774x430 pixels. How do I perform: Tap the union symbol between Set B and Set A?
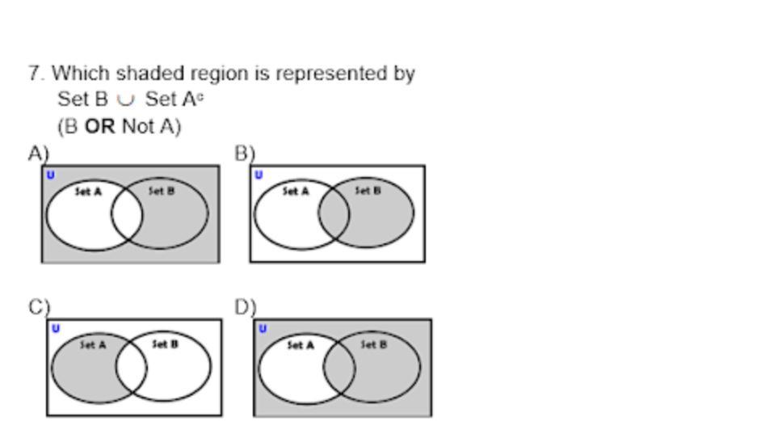(x=126, y=101)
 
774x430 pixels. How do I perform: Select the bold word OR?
(x=100, y=127)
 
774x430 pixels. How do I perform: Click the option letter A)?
(x=38, y=153)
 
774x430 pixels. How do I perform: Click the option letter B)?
(x=245, y=153)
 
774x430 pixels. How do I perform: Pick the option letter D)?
(x=246, y=307)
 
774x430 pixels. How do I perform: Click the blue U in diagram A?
(x=51, y=175)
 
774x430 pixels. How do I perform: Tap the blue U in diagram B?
(x=259, y=175)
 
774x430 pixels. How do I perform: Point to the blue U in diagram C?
(x=55, y=328)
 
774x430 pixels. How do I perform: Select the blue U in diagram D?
(x=263, y=328)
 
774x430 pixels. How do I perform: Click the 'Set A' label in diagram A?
(x=88, y=192)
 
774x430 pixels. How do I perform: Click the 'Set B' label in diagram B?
(x=368, y=191)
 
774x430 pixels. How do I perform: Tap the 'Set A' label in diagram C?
(x=93, y=344)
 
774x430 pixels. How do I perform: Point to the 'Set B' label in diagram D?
(x=372, y=344)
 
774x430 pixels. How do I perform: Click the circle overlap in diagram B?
(x=334, y=214)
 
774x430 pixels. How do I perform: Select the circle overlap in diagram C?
(x=131, y=368)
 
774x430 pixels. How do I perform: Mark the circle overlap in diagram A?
(x=127, y=215)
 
